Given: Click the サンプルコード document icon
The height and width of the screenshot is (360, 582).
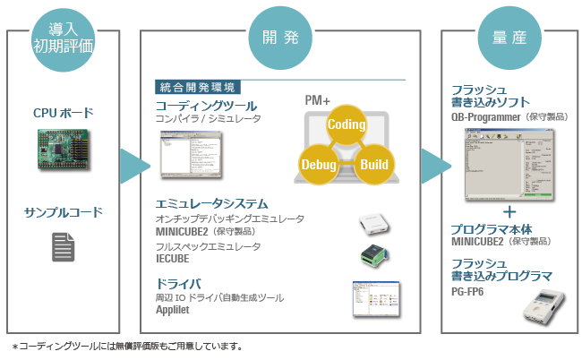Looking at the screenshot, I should click(x=63, y=248).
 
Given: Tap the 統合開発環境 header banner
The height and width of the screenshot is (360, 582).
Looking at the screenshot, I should click(x=198, y=88).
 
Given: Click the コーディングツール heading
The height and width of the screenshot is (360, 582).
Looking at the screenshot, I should click(x=199, y=105).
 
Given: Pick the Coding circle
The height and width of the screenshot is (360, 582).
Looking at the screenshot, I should click(x=345, y=124).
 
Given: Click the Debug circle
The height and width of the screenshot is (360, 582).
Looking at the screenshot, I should click(x=319, y=167).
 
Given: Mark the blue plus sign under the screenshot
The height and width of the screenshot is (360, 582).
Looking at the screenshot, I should click(x=509, y=211).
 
